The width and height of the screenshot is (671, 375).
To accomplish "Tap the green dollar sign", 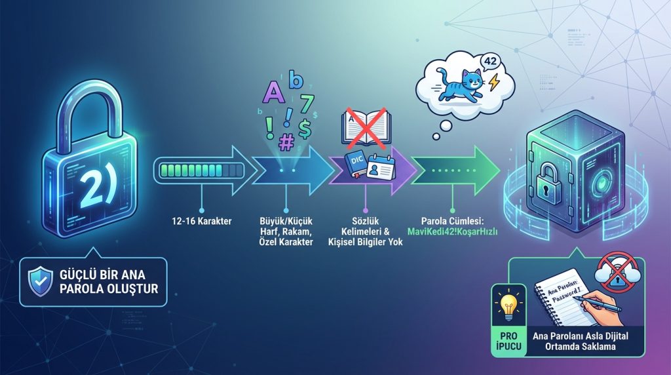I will coord(304,127).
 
